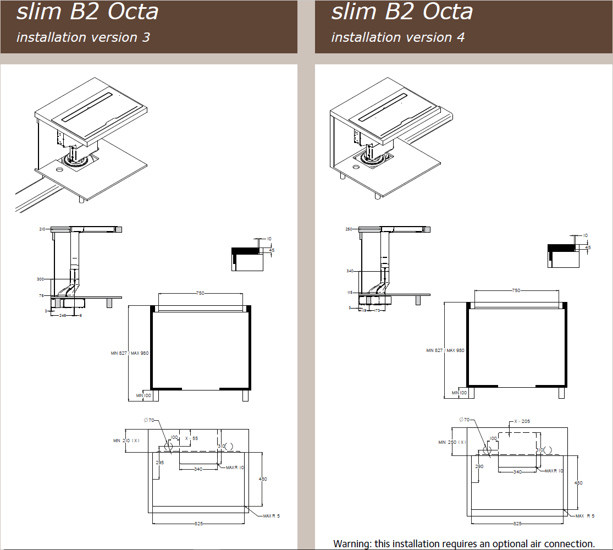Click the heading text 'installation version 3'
pos(83,37)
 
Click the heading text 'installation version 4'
pos(397,37)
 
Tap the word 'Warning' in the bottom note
pos(352,544)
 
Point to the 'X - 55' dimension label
pos(191,438)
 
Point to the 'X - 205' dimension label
pos(522,421)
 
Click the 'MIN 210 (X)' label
pos(126,441)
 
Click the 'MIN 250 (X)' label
pos(452,442)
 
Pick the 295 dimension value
pos(160,463)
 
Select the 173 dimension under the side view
pos(377,311)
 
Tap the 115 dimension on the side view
pos(349,293)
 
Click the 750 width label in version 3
pos(200,293)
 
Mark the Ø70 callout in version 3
pos(148,420)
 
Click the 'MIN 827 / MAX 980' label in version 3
pos(130,353)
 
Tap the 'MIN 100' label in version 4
pos(459,393)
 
